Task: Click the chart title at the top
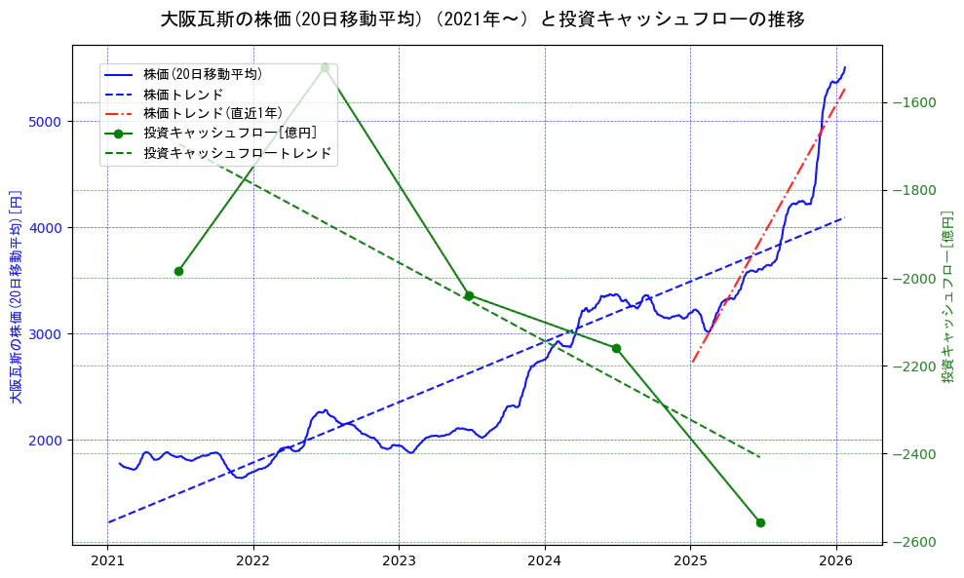[x=482, y=19]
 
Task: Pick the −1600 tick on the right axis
[x=913, y=103]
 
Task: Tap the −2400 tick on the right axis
[x=913, y=454]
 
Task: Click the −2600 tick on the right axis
[x=913, y=542]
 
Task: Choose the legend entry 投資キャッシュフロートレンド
[x=237, y=153]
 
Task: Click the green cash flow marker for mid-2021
[x=178, y=271]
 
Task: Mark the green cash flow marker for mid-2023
[x=469, y=295]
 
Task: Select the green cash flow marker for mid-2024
[x=616, y=348]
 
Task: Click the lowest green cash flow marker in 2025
[x=760, y=522]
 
